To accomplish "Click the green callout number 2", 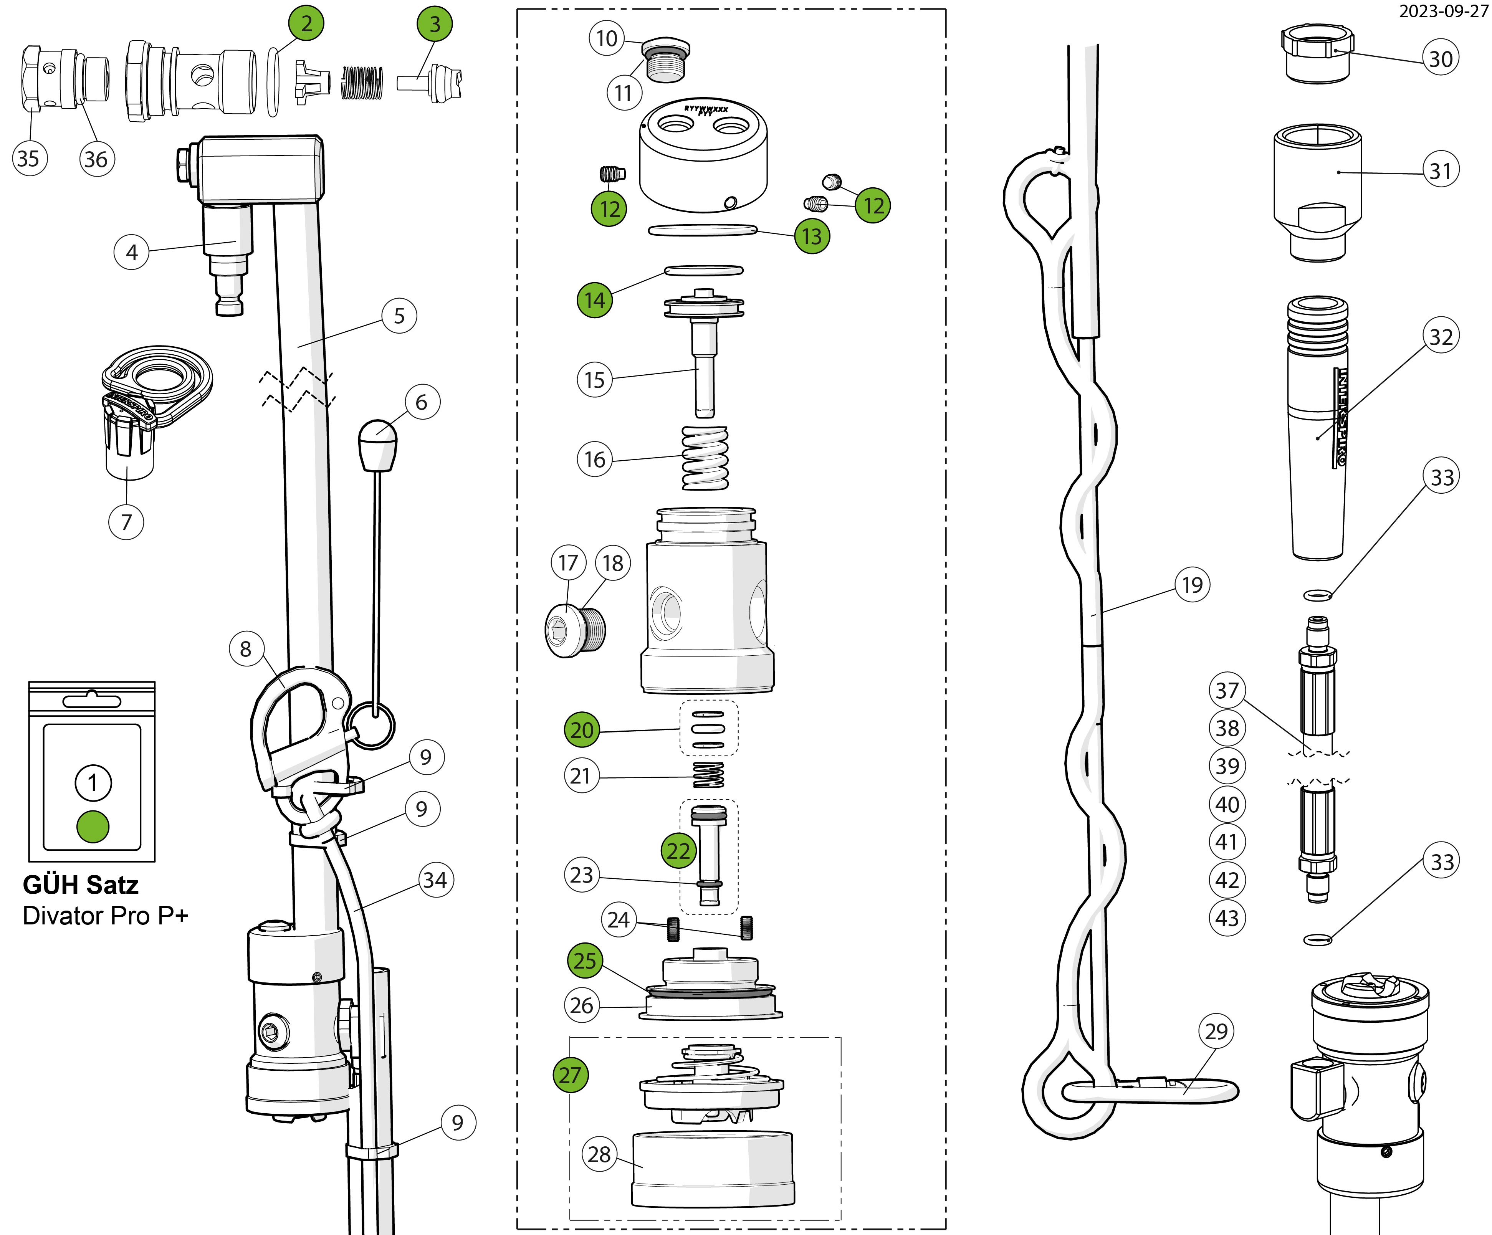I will click(x=306, y=23).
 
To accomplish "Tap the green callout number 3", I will click(x=435, y=24).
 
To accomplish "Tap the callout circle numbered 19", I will click(x=1192, y=585).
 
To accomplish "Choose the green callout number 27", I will click(x=571, y=1075).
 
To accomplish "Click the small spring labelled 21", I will click(x=708, y=775).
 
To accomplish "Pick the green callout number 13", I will click(x=812, y=236).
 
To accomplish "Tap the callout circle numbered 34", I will click(x=435, y=880).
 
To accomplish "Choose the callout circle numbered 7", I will click(x=126, y=522).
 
